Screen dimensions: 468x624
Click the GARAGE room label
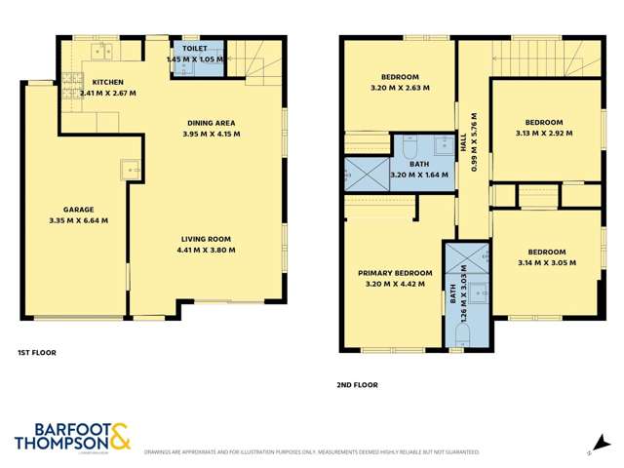point(79,209)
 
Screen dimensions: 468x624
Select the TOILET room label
point(193,47)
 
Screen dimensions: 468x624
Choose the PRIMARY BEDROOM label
point(395,273)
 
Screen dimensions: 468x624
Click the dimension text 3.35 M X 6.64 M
point(79,220)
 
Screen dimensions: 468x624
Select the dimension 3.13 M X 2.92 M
point(544,134)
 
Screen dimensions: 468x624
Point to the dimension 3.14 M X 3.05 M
point(544,261)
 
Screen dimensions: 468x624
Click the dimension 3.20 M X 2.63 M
point(400,88)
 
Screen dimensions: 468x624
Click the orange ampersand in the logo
point(119,435)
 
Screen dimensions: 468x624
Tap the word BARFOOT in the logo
point(58,427)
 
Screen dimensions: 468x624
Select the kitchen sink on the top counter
point(100,48)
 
